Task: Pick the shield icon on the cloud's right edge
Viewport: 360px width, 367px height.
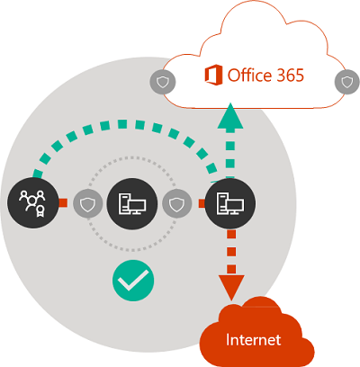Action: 346,81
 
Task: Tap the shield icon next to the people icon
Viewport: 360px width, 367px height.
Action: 86,204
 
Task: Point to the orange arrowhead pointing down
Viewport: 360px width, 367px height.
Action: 231,287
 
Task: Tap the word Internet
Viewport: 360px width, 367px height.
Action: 254,340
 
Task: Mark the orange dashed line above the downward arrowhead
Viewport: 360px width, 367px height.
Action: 231,252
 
